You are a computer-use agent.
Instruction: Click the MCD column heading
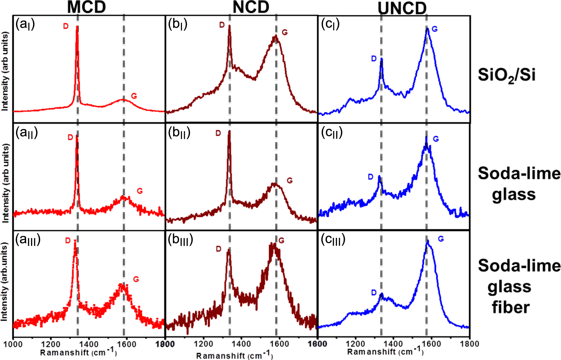pyautogui.click(x=87, y=7)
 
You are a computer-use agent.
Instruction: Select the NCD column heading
pyautogui.click(x=251, y=7)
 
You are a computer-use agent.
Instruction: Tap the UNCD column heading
pyautogui.click(x=402, y=8)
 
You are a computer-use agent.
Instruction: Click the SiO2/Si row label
pyautogui.click(x=506, y=75)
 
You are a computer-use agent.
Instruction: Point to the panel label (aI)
pyautogui.click(x=25, y=24)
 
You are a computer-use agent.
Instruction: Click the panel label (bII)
pyautogui.click(x=179, y=133)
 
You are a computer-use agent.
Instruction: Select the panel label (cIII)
pyautogui.click(x=333, y=240)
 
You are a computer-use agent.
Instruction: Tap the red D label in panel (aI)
pyautogui.click(x=66, y=26)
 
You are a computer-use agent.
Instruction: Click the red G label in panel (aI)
pyautogui.click(x=134, y=96)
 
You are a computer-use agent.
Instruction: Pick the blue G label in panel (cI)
pyautogui.click(x=435, y=29)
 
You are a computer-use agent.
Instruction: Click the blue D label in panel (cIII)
pyautogui.click(x=374, y=293)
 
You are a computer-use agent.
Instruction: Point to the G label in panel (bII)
pyautogui.click(x=290, y=181)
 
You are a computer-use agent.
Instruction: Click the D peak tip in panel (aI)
pyautogui.click(x=77, y=27)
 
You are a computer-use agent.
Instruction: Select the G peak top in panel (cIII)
pyautogui.click(x=428, y=241)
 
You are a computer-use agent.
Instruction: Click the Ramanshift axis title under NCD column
pyautogui.click(x=234, y=355)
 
